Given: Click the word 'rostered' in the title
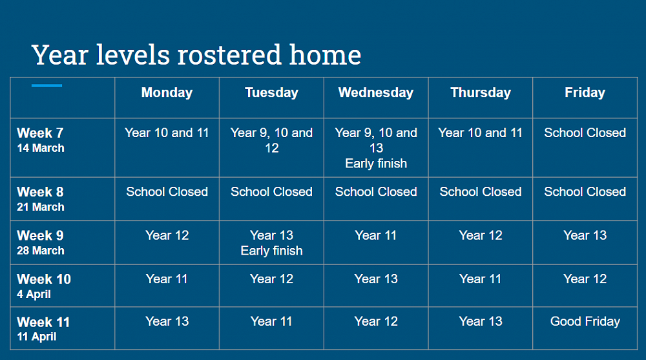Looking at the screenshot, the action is (229, 55).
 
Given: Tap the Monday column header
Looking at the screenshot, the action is (167, 92).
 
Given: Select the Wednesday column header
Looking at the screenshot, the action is (376, 92).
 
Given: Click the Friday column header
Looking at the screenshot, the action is (585, 92).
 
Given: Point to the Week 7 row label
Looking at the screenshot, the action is (40, 132).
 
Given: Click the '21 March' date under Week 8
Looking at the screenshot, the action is (40, 207).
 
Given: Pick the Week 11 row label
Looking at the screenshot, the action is (43, 322).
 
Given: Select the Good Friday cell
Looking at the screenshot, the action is (585, 321).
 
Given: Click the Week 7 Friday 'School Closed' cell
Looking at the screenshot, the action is (585, 132).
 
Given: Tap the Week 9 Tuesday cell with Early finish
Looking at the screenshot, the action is (271, 243).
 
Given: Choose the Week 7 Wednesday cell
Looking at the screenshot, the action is (376, 148).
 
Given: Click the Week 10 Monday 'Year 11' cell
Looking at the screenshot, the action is (167, 279).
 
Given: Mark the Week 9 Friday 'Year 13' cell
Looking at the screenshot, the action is (585, 235).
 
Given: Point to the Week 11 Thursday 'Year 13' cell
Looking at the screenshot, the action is (481, 321).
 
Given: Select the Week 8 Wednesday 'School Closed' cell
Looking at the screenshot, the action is (376, 191).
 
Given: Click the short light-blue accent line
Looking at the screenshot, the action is (47, 85).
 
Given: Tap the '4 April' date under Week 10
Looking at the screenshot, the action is (34, 295).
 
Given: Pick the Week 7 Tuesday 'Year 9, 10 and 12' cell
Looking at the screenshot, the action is (271, 140).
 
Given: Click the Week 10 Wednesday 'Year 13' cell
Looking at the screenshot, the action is (376, 279).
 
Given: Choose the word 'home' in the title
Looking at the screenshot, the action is (325, 55).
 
